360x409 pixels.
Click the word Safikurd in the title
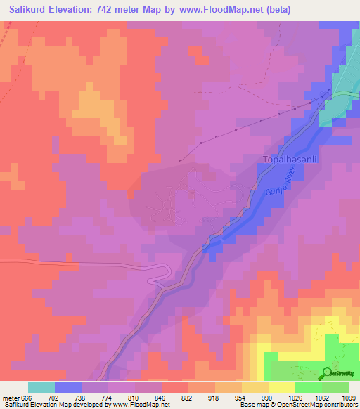[34, 10]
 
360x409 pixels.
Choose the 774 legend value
[94, 397]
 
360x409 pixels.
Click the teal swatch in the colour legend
[41, 387]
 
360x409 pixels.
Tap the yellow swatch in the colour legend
[282, 387]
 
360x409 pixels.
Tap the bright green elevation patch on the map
[295, 371]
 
